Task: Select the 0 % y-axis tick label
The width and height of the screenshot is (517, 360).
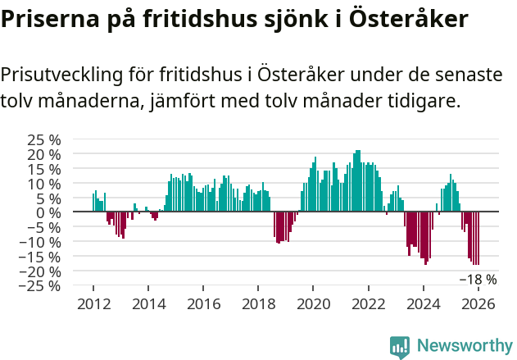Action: (x=49, y=212)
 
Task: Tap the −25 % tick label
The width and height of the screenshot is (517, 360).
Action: (x=40, y=286)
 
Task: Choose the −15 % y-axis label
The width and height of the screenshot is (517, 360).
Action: (x=40, y=257)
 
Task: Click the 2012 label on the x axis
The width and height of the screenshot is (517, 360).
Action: (x=93, y=304)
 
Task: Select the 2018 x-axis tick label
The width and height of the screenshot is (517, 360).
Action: (x=258, y=304)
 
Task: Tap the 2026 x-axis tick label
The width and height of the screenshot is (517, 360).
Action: (x=478, y=304)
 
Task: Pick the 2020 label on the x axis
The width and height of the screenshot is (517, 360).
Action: (x=313, y=304)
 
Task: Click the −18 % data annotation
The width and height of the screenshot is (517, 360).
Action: (x=478, y=280)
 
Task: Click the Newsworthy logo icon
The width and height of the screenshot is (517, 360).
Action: (x=400, y=347)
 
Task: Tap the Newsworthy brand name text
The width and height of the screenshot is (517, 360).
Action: (x=464, y=347)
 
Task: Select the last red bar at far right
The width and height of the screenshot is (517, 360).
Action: (x=478, y=238)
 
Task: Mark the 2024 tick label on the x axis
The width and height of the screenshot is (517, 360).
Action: (x=424, y=304)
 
